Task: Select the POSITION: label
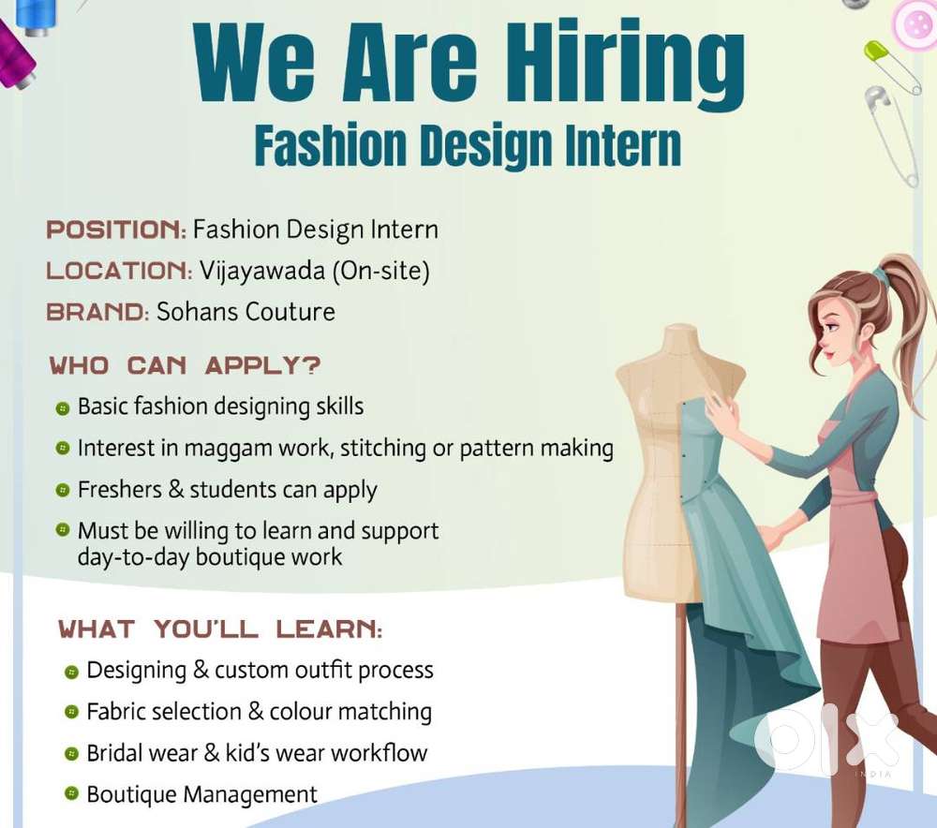pyautogui.click(x=116, y=229)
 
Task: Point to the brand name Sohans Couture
pyautogui.click(x=245, y=311)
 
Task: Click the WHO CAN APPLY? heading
pyautogui.click(x=185, y=364)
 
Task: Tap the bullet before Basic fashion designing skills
pyautogui.click(x=63, y=408)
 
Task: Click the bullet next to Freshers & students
pyautogui.click(x=63, y=490)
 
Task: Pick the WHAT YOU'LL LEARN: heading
pyautogui.click(x=220, y=628)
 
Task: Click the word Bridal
pyautogui.click(x=117, y=753)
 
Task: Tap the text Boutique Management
pyautogui.click(x=201, y=795)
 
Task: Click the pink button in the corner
pyautogui.click(x=915, y=21)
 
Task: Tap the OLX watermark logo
pyautogui.click(x=825, y=741)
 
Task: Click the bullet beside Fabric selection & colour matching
pyautogui.click(x=71, y=713)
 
